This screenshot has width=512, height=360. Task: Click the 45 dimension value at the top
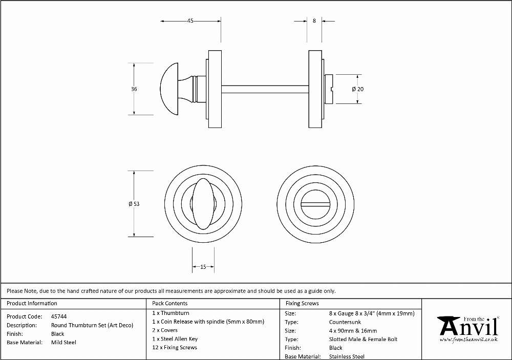(x=190, y=20)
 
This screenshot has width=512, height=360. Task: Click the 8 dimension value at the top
(x=314, y=20)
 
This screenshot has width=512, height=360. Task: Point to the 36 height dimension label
(x=134, y=89)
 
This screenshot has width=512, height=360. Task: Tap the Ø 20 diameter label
(x=357, y=89)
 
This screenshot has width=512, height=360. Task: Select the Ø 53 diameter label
(x=134, y=204)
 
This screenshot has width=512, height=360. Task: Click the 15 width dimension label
(x=203, y=267)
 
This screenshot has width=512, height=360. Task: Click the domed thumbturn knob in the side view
(x=169, y=89)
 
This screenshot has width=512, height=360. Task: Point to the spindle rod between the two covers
(x=265, y=89)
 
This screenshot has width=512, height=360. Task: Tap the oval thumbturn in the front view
(x=203, y=204)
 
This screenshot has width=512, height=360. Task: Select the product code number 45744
(x=59, y=316)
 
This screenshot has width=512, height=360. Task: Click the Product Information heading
(x=32, y=303)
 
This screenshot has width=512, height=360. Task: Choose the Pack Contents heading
(x=170, y=303)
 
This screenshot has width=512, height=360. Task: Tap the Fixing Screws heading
(x=302, y=303)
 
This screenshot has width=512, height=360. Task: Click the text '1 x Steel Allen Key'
(x=175, y=339)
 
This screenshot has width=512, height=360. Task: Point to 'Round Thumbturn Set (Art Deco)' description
(x=92, y=325)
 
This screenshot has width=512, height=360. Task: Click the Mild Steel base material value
(x=63, y=343)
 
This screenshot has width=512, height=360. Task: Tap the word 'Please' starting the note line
(x=15, y=291)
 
